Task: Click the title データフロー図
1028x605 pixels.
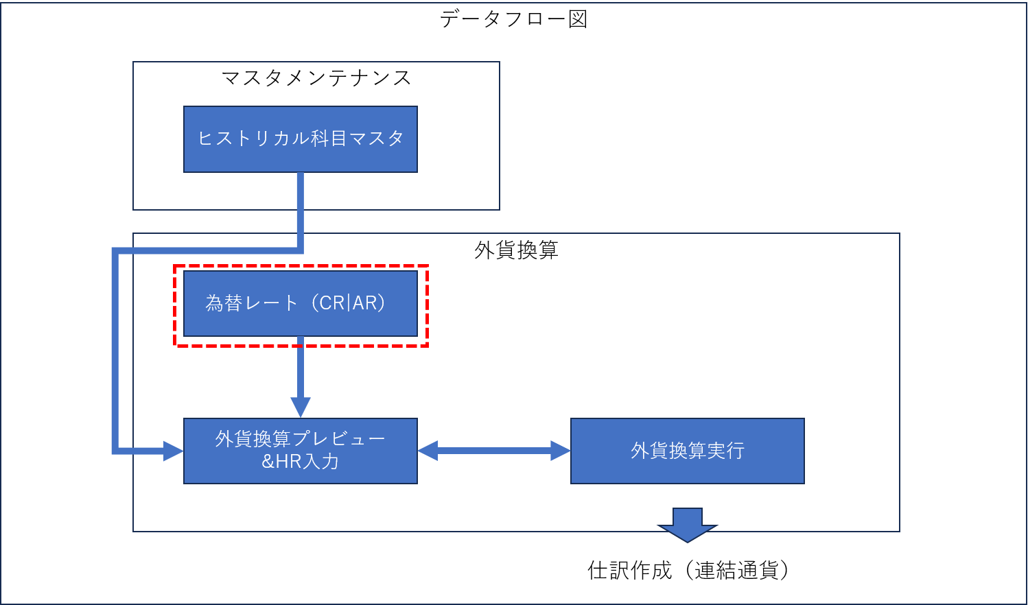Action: [513, 19]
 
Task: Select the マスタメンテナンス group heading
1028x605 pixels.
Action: [316, 78]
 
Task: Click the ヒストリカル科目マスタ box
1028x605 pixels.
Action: [301, 139]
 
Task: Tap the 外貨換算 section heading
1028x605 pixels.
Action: [516, 250]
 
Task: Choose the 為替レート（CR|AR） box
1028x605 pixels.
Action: [301, 303]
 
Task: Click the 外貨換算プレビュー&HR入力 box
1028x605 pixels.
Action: [301, 451]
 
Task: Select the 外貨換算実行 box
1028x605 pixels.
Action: [687, 451]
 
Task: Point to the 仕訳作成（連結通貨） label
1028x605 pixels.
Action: [688, 570]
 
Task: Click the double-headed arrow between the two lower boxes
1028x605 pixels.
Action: [494, 451]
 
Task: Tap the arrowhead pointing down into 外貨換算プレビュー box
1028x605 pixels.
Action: [301, 407]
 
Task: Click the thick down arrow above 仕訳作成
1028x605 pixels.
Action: [687, 525]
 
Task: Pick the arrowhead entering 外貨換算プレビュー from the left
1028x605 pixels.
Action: [174, 451]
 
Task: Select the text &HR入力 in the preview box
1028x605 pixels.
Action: [301, 462]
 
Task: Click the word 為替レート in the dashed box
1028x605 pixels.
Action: [251, 303]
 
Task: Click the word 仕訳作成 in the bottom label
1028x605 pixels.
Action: [629, 570]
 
